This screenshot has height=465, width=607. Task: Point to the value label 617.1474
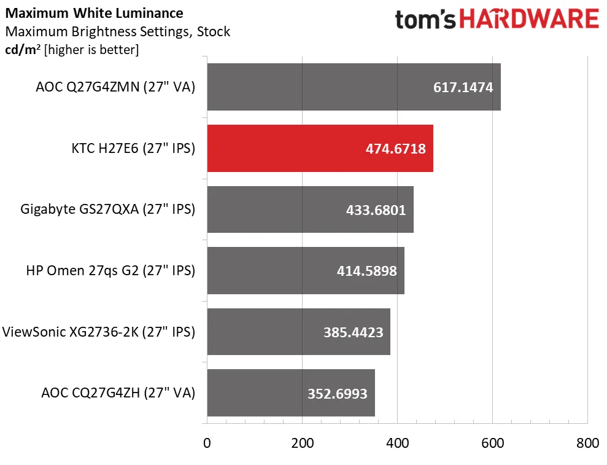463,87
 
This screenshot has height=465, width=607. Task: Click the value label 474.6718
395,149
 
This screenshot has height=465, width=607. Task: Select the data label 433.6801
376,210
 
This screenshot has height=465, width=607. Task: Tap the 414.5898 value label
366,271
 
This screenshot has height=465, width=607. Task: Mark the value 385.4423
353,332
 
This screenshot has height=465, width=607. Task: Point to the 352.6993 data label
337,393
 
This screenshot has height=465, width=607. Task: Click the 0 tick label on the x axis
207,443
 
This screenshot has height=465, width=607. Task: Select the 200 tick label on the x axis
302,443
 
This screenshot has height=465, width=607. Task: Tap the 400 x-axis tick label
397,443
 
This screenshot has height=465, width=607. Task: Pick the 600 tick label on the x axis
492,443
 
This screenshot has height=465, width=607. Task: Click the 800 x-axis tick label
587,443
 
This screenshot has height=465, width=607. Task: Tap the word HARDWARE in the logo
529,19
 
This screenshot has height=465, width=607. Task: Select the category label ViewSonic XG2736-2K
98,332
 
